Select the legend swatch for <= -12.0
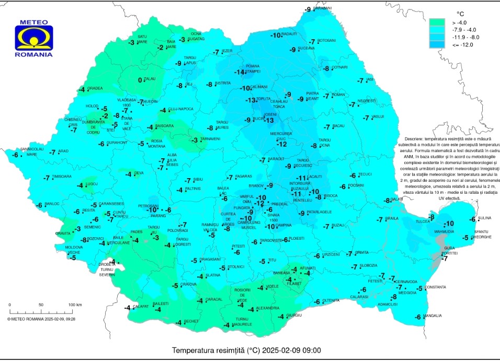click(436, 45)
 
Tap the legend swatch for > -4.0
click(436, 22)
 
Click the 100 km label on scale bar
click(74, 305)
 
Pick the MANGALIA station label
click(432, 316)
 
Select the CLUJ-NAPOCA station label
click(180, 109)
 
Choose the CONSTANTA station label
click(435, 287)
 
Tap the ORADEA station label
click(95, 88)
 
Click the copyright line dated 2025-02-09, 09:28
click(41, 318)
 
